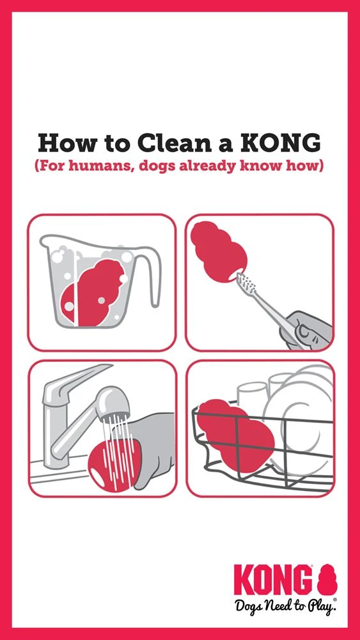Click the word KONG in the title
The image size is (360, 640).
(x=286, y=143)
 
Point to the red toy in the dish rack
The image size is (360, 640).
(x=235, y=435)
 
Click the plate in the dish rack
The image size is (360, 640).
(x=300, y=425)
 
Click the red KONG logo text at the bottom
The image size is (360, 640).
(x=274, y=580)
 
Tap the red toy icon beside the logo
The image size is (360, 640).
(x=327, y=580)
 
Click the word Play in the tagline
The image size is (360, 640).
(x=320, y=606)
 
